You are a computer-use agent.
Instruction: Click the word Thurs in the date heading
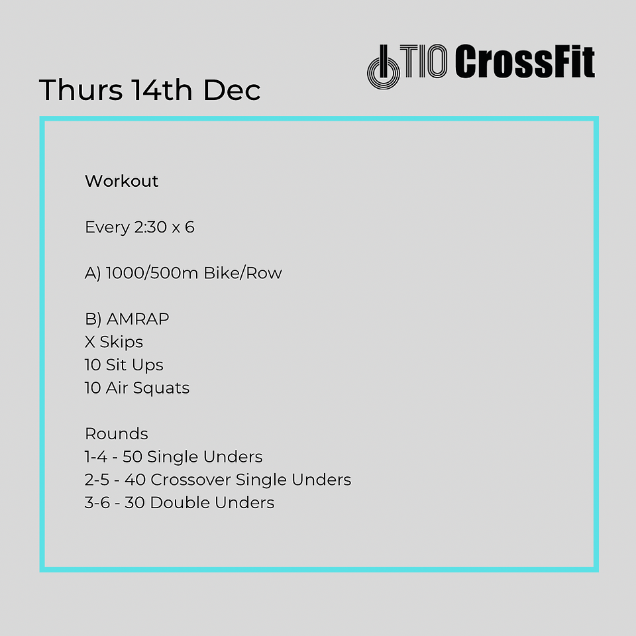tap(81, 89)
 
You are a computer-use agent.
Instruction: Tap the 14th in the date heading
tap(162, 89)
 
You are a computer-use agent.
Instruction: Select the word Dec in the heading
tap(232, 89)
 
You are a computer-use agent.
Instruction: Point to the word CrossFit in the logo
tap(525, 61)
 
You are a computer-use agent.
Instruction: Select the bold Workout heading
tap(122, 181)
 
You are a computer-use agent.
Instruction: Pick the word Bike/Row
tap(242, 273)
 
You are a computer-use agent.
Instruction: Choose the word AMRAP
tap(138, 319)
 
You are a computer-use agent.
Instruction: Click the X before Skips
tap(89, 342)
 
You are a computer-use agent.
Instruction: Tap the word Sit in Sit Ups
tap(117, 365)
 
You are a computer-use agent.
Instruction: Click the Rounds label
tap(117, 434)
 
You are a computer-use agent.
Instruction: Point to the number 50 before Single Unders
tap(132, 456)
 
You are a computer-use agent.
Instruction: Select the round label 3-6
tap(97, 503)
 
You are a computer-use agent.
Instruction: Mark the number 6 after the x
tap(189, 227)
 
